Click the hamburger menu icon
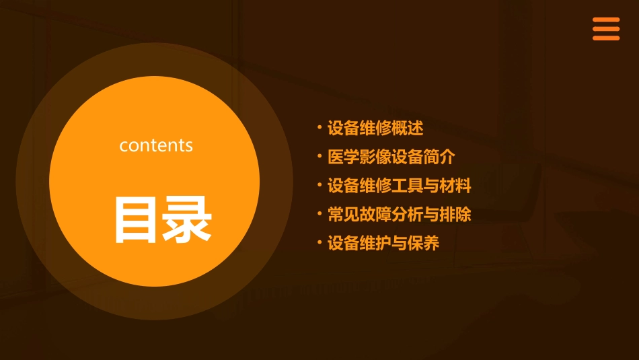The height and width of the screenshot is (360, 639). [605, 29]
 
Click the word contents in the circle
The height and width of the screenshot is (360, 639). [156, 145]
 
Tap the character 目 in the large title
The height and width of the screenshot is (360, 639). [137, 219]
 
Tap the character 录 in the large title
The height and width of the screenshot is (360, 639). [187, 219]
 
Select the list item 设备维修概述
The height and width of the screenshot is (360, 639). [375, 128]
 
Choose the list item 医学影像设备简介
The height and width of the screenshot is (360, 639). [391, 157]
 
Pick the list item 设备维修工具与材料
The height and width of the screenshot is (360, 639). [399, 186]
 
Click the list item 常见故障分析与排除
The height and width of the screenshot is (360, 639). [399, 215]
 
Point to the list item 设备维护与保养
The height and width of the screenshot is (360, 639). [383, 244]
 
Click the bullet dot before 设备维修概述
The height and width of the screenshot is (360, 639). [319, 127]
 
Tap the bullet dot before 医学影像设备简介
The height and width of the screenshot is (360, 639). [319, 156]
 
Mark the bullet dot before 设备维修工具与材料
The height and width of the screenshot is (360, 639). [319, 185]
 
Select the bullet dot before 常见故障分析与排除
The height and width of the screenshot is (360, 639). [319, 214]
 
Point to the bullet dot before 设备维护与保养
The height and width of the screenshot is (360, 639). [319, 243]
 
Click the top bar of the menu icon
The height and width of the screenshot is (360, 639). [605, 20]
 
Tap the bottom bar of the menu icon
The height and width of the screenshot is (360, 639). [605, 38]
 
